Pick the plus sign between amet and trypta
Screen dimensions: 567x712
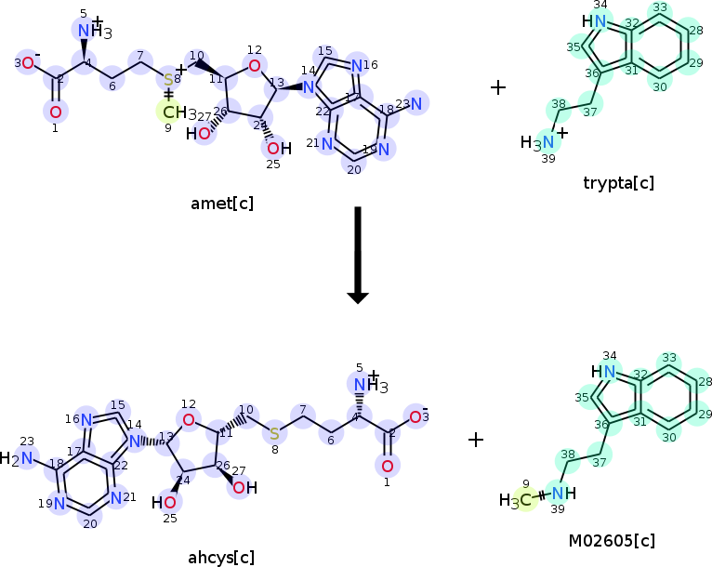click(x=498, y=87)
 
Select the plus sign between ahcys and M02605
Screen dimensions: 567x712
click(x=476, y=439)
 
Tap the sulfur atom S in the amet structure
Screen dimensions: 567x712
click(x=168, y=80)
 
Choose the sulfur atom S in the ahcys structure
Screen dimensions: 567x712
click(x=274, y=432)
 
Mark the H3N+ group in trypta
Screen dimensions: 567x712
click(x=538, y=142)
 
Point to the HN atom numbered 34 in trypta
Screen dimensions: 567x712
click(x=595, y=21)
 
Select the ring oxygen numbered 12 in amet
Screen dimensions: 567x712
click(x=255, y=65)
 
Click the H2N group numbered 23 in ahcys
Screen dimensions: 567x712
click(x=20, y=458)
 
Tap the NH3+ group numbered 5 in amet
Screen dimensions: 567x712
click(x=91, y=32)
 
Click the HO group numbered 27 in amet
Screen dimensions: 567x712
click(x=203, y=133)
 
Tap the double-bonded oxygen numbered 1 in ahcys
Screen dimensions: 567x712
click(x=388, y=466)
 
